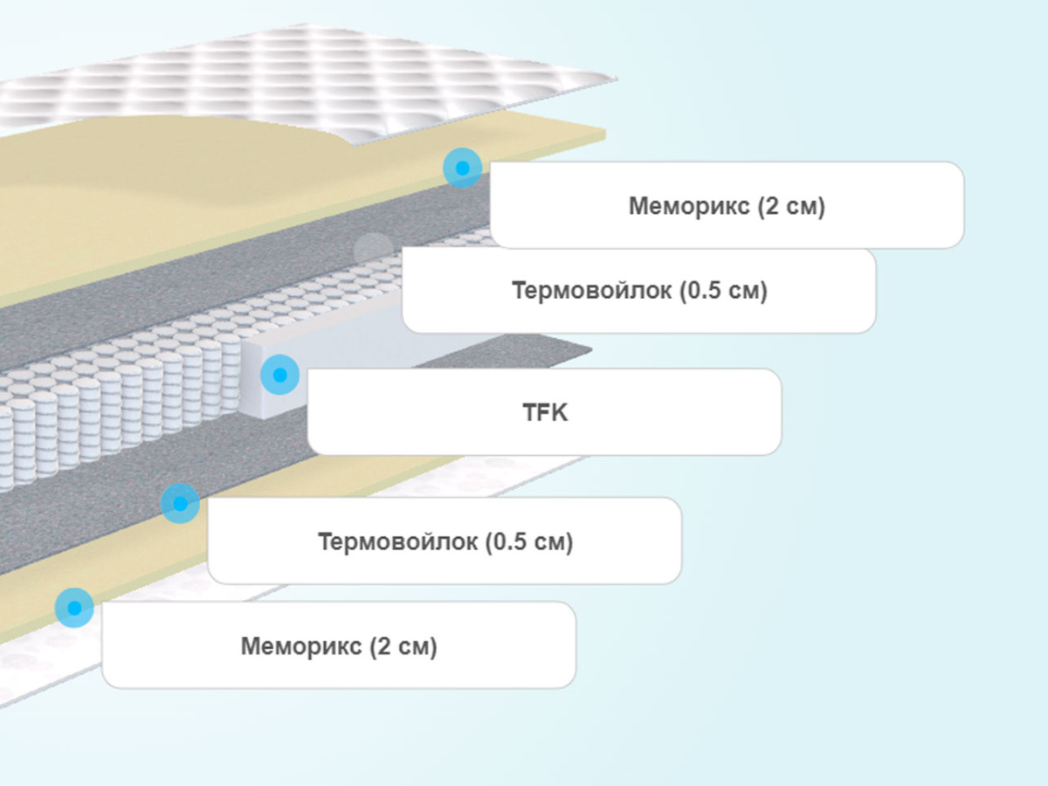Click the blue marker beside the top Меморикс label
462,168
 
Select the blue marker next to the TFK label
279,375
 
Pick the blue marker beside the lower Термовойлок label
180,504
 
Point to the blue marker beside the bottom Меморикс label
74,607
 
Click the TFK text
545,412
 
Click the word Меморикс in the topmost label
689,207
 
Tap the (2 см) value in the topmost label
791,207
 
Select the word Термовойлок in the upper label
592,291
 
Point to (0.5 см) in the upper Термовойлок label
723,291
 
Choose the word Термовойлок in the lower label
398,541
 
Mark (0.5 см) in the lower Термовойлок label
529,541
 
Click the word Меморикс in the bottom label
301,647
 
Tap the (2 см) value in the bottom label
403,647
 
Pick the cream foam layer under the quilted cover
175,192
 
